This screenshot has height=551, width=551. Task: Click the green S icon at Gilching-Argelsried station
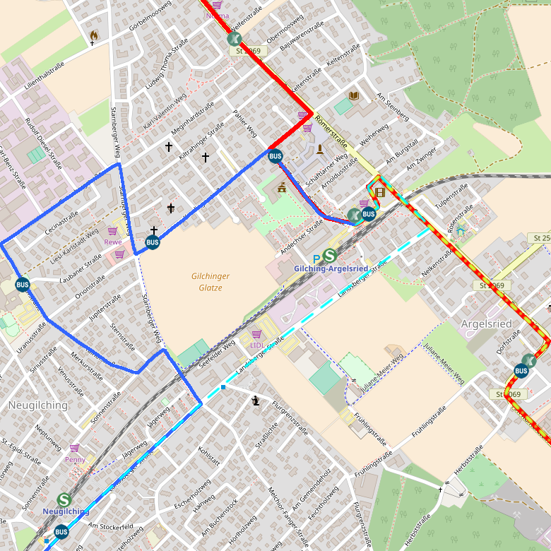pyautogui.click(x=330, y=256)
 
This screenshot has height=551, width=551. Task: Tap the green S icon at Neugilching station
pyautogui.click(x=64, y=499)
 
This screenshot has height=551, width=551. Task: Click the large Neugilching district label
pyautogui.click(x=37, y=405)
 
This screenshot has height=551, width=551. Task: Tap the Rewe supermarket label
pyautogui.click(x=113, y=242)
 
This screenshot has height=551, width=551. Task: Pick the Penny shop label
pyautogui.click(x=75, y=459)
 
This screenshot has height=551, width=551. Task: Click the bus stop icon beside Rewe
pyautogui.click(x=153, y=243)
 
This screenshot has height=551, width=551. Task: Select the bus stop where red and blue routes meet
pyautogui.click(x=275, y=156)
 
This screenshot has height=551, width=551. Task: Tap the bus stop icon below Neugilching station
pyautogui.click(x=61, y=532)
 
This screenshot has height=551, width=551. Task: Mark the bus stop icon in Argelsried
pyautogui.click(x=521, y=371)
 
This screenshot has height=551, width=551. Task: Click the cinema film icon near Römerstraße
pyautogui.click(x=379, y=191)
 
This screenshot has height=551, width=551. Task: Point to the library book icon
pyautogui.click(x=354, y=95)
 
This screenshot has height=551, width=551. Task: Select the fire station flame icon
pyautogui.click(x=93, y=35)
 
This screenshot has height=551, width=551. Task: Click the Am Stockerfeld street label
pyautogui.click(x=111, y=527)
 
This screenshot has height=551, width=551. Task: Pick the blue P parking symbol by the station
pyautogui.click(x=316, y=259)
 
